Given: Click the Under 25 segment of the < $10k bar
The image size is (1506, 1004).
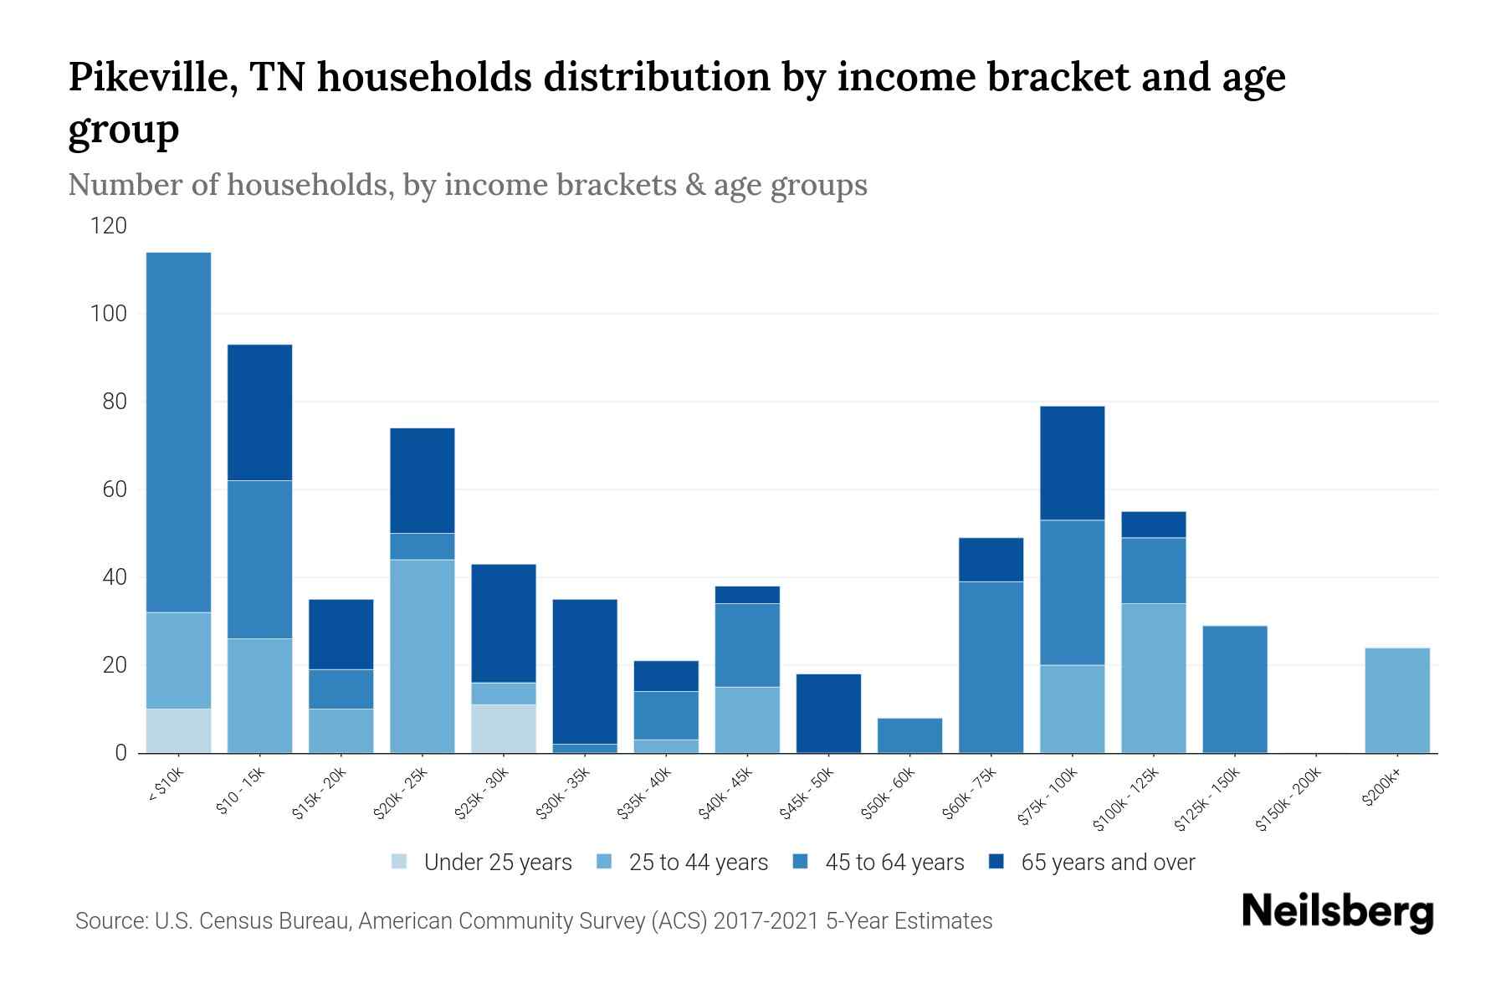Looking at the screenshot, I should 178,730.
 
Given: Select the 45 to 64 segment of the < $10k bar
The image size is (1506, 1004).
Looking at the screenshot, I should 178,432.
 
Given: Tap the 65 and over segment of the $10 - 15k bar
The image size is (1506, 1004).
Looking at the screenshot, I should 259,412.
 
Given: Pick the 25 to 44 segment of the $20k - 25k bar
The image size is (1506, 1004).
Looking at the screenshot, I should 422,656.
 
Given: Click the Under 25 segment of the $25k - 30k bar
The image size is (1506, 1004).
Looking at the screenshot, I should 503,729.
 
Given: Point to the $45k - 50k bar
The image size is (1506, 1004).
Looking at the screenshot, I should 828,714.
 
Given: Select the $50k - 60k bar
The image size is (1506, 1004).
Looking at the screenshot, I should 909,735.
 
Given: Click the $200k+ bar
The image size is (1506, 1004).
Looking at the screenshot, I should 1396,700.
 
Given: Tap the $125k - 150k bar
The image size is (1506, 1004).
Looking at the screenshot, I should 1234,689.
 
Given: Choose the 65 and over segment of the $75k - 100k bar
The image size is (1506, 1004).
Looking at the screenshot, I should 1072,463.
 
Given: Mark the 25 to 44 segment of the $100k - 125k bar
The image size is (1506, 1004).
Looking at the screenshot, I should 1153,678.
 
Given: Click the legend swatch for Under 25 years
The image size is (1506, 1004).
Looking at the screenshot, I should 399,862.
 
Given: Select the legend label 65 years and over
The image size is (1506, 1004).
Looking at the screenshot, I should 1108,863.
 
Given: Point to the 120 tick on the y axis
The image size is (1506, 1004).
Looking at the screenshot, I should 110,226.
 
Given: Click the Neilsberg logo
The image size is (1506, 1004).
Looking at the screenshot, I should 1337,913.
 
